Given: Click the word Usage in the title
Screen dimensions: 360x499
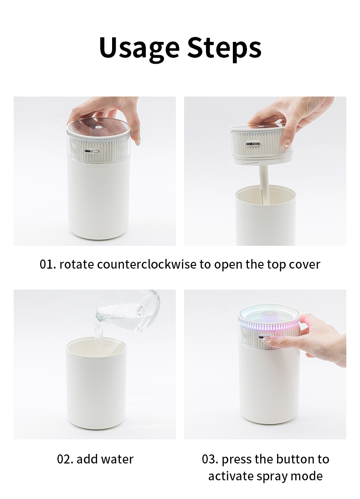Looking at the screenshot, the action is click(139, 48).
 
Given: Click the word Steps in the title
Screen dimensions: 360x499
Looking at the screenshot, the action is click(224, 48).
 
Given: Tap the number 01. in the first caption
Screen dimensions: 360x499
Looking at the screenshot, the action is click(48, 265).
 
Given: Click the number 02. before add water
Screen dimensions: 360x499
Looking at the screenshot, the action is click(65, 459).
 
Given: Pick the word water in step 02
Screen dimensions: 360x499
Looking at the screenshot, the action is click(118, 459).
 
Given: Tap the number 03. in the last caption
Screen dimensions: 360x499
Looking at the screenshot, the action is click(210, 459).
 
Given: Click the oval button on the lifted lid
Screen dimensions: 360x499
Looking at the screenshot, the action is click(253, 144).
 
